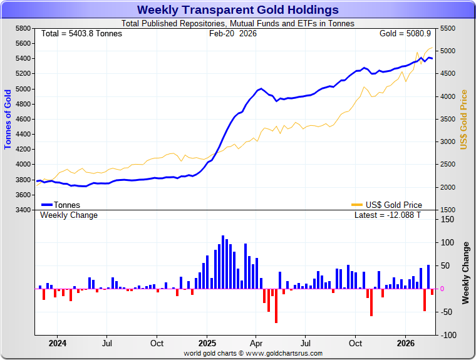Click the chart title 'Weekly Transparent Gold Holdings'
[237, 10]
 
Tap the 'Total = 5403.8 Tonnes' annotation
[81, 33]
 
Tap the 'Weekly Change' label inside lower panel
[69, 215]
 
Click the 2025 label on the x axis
[207, 343]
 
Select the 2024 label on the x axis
[57, 343]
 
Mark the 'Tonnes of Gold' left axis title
[8, 119]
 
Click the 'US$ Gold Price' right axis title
[464, 119]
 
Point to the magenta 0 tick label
[442, 289]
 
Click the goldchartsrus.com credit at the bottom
[253, 353]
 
